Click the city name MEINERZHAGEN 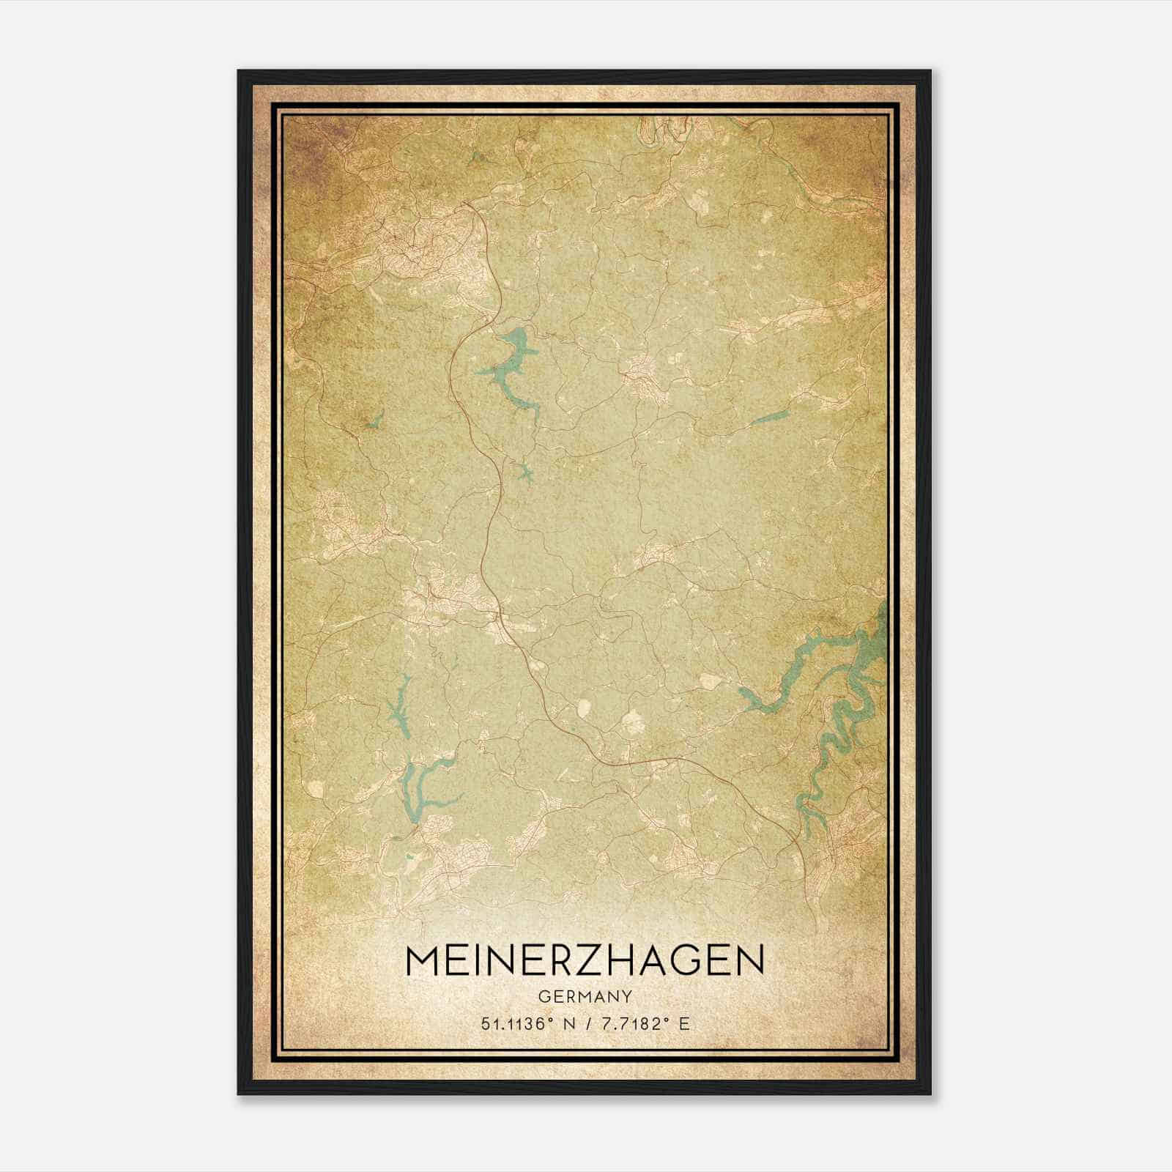(584, 960)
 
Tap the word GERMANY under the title (585, 996)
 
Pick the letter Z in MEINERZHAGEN (593, 960)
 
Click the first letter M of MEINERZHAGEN (422, 960)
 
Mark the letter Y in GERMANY (626, 996)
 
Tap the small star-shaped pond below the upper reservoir (523, 473)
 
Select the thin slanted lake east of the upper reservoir (769, 418)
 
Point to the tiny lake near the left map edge (377, 419)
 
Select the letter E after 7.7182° (684, 1024)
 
